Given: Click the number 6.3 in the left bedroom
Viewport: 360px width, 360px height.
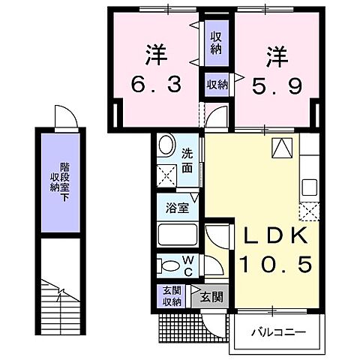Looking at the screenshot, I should coord(155,86).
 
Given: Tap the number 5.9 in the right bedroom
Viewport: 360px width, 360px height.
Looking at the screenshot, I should coord(277,86).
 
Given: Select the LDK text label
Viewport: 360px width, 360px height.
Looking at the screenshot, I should coord(272,235).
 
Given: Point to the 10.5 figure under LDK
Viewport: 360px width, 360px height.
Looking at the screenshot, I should coord(272,265).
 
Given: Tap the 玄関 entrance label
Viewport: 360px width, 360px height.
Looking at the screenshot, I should coord(211,297).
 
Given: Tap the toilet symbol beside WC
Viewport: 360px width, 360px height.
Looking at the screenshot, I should coord(167,265).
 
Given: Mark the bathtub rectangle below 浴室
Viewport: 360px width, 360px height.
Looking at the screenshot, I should coord(178,235).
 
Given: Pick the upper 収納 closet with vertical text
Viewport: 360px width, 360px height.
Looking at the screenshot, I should coord(216,43).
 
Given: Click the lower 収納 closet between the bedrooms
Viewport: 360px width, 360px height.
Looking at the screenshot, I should coord(216,85).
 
